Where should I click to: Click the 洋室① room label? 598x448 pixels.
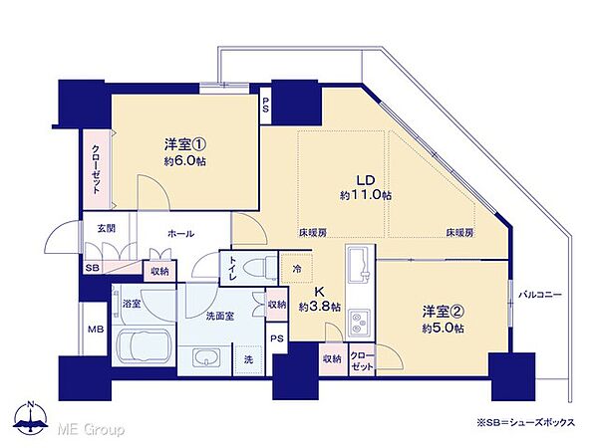tap(184, 141)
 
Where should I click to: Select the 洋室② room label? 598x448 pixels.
tap(440, 312)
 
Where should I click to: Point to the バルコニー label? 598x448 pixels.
tap(542, 295)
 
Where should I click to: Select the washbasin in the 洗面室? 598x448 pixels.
tap(205, 357)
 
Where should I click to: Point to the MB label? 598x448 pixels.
tap(96, 330)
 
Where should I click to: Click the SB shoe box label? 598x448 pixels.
tap(93, 270)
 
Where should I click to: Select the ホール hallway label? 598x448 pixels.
tap(180, 234)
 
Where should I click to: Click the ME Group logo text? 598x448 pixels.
tap(89, 429)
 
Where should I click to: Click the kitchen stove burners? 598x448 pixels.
tap(360, 320)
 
